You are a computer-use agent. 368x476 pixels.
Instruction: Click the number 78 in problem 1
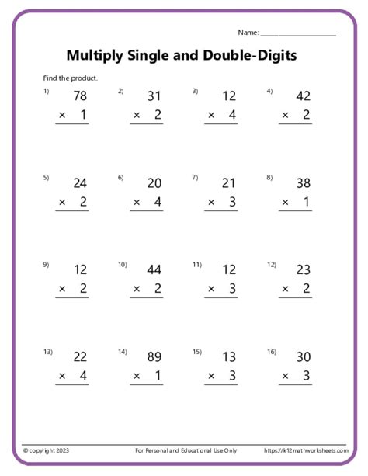click(x=80, y=96)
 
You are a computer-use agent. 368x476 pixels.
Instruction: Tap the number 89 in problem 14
click(x=154, y=357)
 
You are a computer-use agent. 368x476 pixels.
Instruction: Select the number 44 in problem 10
click(x=154, y=270)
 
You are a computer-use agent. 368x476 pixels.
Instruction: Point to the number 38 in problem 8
click(x=304, y=183)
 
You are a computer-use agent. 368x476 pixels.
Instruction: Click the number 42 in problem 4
click(x=304, y=96)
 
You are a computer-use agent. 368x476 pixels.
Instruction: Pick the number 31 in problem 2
click(x=154, y=96)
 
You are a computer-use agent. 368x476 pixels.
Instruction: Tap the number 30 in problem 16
click(x=304, y=357)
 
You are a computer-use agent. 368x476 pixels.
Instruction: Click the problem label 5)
click(x=47, y=178)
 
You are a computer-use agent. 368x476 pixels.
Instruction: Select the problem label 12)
click(x=272, y=265)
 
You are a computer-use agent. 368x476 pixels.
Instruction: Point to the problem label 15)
click(x=197, y=352)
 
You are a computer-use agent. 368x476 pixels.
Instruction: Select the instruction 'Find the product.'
click(x=71, y=78)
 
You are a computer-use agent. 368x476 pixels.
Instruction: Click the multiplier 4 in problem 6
click(x=158, y=203)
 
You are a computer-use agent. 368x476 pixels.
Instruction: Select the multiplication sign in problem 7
click(x=210, y=203)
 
